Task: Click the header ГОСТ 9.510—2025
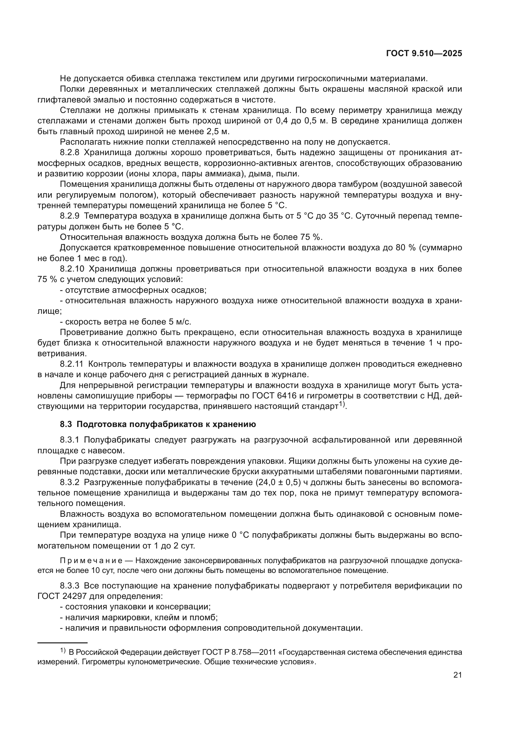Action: [x=424, y=54]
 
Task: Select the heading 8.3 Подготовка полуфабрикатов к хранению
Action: [x=158, y=424]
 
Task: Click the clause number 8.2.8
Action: [x=70, y=153]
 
